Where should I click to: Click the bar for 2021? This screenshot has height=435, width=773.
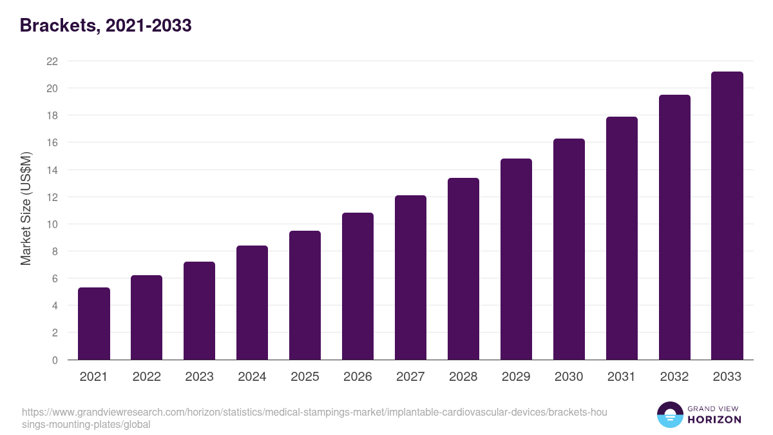tap(94, 324)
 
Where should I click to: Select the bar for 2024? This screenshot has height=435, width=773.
tap(252, 303)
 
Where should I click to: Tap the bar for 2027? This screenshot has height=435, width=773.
tap(410, 278)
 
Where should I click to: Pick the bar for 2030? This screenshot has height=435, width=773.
tap(569, 249)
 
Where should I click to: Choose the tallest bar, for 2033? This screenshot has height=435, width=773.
tap(727, 216)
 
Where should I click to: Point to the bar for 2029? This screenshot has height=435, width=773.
tap(516, 259)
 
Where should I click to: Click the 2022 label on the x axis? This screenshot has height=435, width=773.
tap(147, 377)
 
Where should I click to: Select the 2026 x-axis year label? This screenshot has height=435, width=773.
tap(358, 377)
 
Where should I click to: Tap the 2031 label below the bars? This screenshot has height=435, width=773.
tap(622, 377)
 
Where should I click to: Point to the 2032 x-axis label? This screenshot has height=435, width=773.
tap(674, 377)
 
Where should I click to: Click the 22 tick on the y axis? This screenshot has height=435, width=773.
tap(52, 61)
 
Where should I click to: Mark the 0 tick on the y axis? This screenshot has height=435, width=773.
tap(55, 360)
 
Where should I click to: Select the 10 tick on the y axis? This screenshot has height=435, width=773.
tap(52, 224)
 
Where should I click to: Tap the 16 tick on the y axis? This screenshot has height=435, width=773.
tap(52, 142)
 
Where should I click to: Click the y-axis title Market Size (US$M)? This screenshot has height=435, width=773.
tap(26, 209)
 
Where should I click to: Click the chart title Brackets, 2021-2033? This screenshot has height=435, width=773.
tap(106, 26)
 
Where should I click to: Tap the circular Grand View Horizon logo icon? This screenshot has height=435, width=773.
tap(670, 415)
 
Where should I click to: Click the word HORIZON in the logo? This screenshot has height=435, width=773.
tap(715, 420)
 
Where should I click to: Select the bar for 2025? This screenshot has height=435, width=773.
tap(305, 295)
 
